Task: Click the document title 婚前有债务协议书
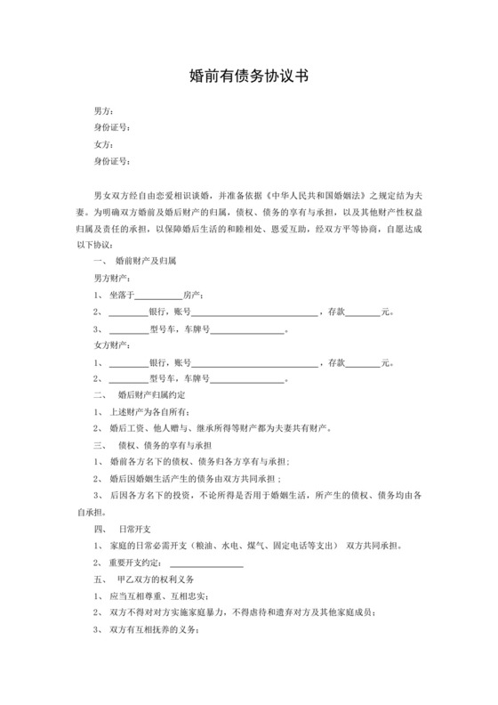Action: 249,77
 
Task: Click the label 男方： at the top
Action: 104,111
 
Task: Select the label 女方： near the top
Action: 104,144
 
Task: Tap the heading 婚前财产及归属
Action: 147,262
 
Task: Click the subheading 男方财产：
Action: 114,279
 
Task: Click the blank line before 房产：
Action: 158,296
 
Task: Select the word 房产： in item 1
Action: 196,296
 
